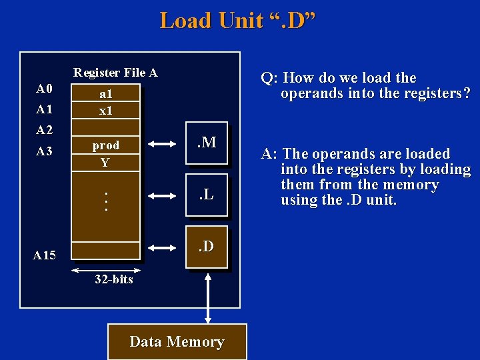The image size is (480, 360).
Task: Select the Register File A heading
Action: (115, 73)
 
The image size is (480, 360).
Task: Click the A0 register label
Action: (44, 89)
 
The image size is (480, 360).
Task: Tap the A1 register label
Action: (44, 109)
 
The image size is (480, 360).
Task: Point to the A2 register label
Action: (44, 130)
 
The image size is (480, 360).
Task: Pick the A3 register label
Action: (44, 151)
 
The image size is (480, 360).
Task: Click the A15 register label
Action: (45, 255)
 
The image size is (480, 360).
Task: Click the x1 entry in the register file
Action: (105, 111)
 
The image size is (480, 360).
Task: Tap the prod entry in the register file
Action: (105, 145)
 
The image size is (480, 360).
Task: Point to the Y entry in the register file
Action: (105, 163)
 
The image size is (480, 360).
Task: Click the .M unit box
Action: (207, 143)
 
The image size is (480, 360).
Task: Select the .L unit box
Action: (207, 195)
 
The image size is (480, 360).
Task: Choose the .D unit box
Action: (207, 247)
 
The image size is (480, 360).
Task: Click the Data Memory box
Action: (177, 342)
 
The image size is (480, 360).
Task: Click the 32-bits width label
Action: (113, 279)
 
